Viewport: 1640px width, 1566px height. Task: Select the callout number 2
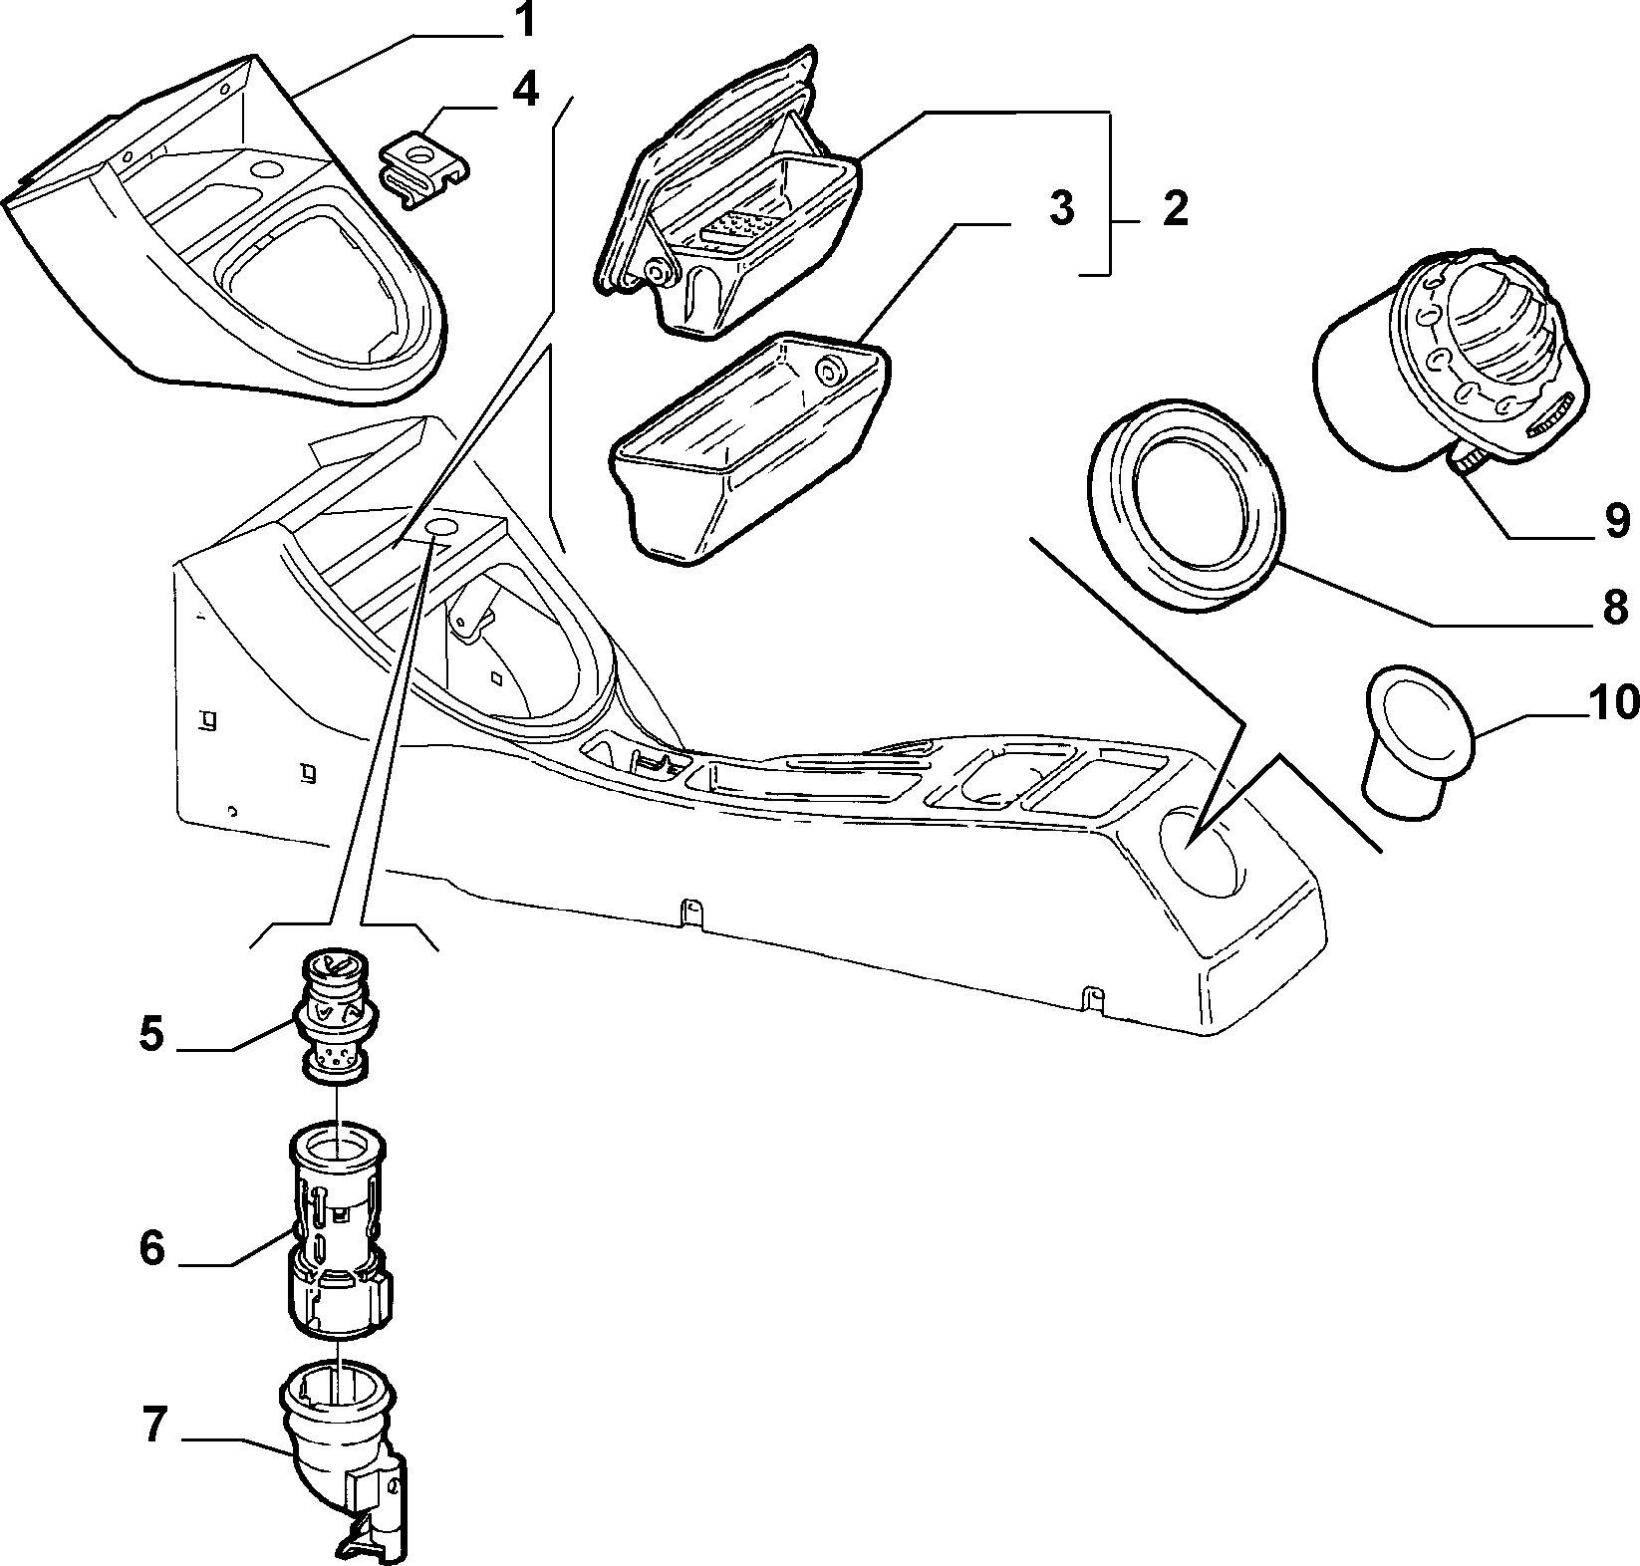pos(1176,209)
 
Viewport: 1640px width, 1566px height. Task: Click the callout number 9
pos(1615,519)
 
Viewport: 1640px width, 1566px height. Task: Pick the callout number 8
pos(1615,606)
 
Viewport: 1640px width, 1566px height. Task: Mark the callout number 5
pos(151,1034)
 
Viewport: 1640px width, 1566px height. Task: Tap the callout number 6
pos(151,1247)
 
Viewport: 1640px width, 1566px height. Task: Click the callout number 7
pos(151,1427)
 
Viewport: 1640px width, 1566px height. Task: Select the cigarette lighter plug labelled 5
pos(336,1017)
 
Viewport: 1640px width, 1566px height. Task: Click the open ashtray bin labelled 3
pos(751,448)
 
